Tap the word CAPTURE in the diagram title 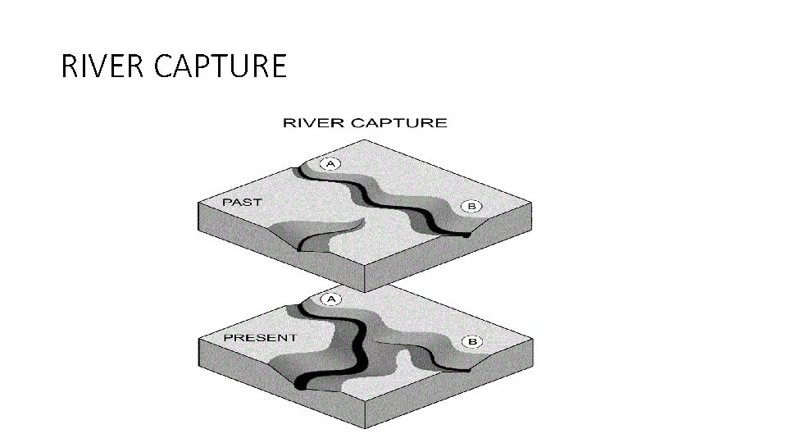pyautogui.click(x=399, y=123)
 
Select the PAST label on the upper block pyautogui.click(x=242, y=202)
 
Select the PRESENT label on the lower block pyautogui.click(x=259, y=338)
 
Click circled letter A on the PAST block pyautogui.click(x=331, y=164)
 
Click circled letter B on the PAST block pyautogui.click(x=471, y=206)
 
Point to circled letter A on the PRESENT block pyautogui.click(x=331, y=299)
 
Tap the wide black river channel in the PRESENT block pyautogui.click(x=357, y=345)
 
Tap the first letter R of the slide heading pyautogui.click(x=69, y=66)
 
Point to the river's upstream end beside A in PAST pyautogui.click(x=305, y=168)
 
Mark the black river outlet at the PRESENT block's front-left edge pyautogui.click(x=303, y=383)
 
